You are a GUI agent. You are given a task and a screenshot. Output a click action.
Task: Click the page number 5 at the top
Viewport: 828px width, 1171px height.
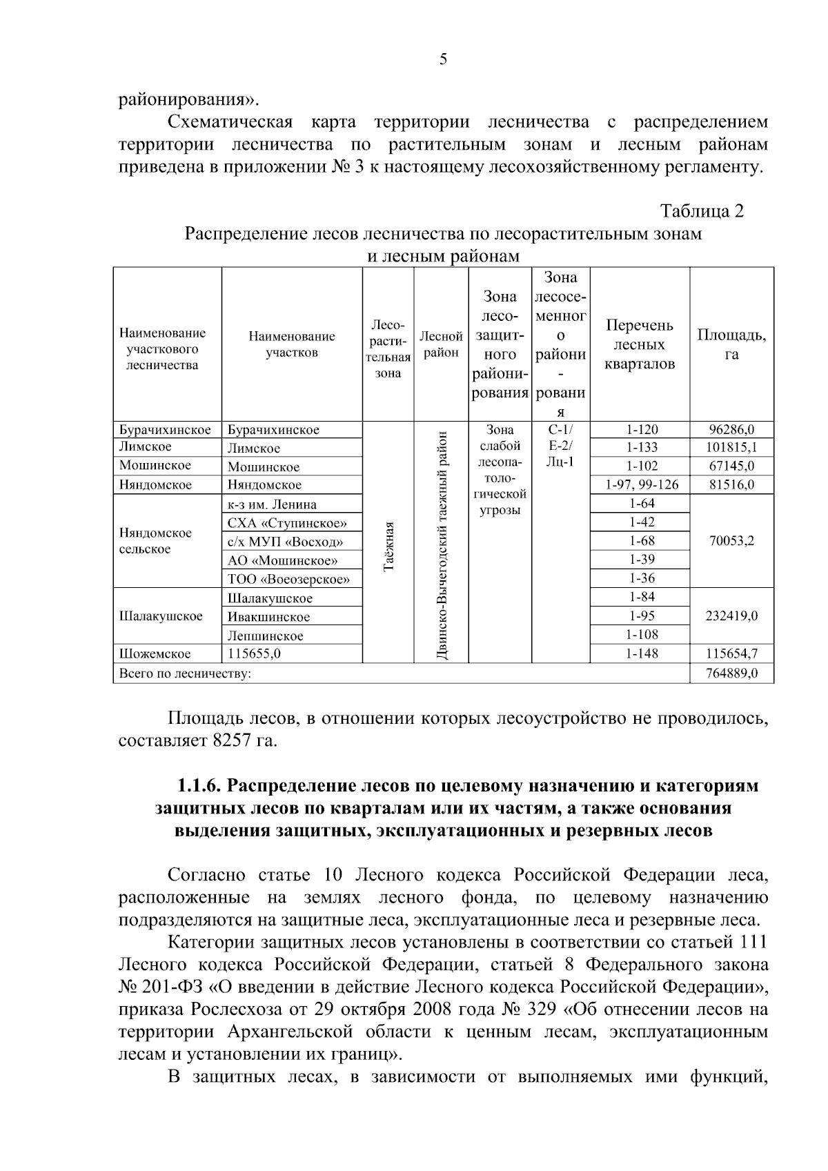[443, 59]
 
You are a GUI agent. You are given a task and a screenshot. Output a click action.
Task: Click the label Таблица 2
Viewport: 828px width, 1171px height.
[702, 210]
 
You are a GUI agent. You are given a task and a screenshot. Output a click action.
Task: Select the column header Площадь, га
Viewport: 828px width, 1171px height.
[731, 344]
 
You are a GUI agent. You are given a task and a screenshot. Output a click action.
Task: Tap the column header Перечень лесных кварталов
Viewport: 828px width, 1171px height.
[640, 344]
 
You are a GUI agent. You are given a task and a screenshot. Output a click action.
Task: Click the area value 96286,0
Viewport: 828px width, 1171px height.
[731, 429]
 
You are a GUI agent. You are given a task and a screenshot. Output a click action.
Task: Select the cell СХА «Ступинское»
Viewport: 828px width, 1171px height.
[287, 523]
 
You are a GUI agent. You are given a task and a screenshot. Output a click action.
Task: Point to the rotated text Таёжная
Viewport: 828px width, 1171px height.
[388, 547]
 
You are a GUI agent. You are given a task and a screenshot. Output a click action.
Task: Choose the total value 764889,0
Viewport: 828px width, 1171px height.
[731, 673]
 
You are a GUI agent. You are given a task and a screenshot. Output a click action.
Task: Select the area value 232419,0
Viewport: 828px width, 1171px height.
[731, 616]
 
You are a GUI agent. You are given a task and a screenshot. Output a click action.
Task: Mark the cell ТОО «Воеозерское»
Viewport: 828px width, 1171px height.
[289, 579]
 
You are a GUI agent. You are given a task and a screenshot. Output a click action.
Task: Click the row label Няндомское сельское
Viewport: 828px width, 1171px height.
[156, 541]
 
